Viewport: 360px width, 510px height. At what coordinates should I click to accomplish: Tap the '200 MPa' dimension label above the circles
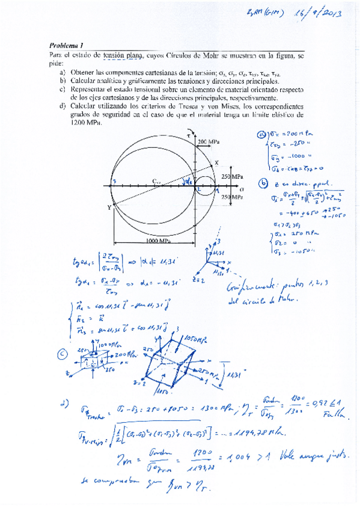point(208,141)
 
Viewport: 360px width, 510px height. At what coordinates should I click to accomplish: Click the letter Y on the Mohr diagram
point(109,207)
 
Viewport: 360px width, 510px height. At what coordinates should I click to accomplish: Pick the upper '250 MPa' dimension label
point(231,176)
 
